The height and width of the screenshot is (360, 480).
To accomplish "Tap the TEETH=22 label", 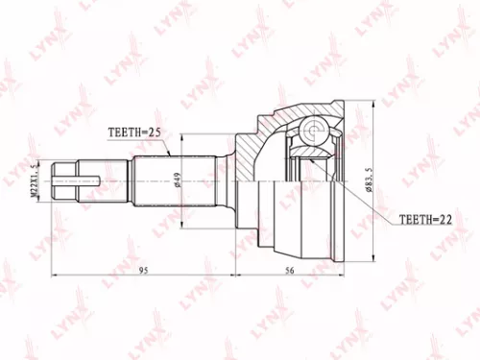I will click(423, 220).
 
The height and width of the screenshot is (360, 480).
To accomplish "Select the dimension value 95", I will click(141, 271).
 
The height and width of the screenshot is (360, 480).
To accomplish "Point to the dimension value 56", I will click(290, 271).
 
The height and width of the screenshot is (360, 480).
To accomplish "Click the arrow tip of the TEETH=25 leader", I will click(170, 154).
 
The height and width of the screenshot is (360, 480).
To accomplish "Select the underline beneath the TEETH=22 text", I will click(423, 228).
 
